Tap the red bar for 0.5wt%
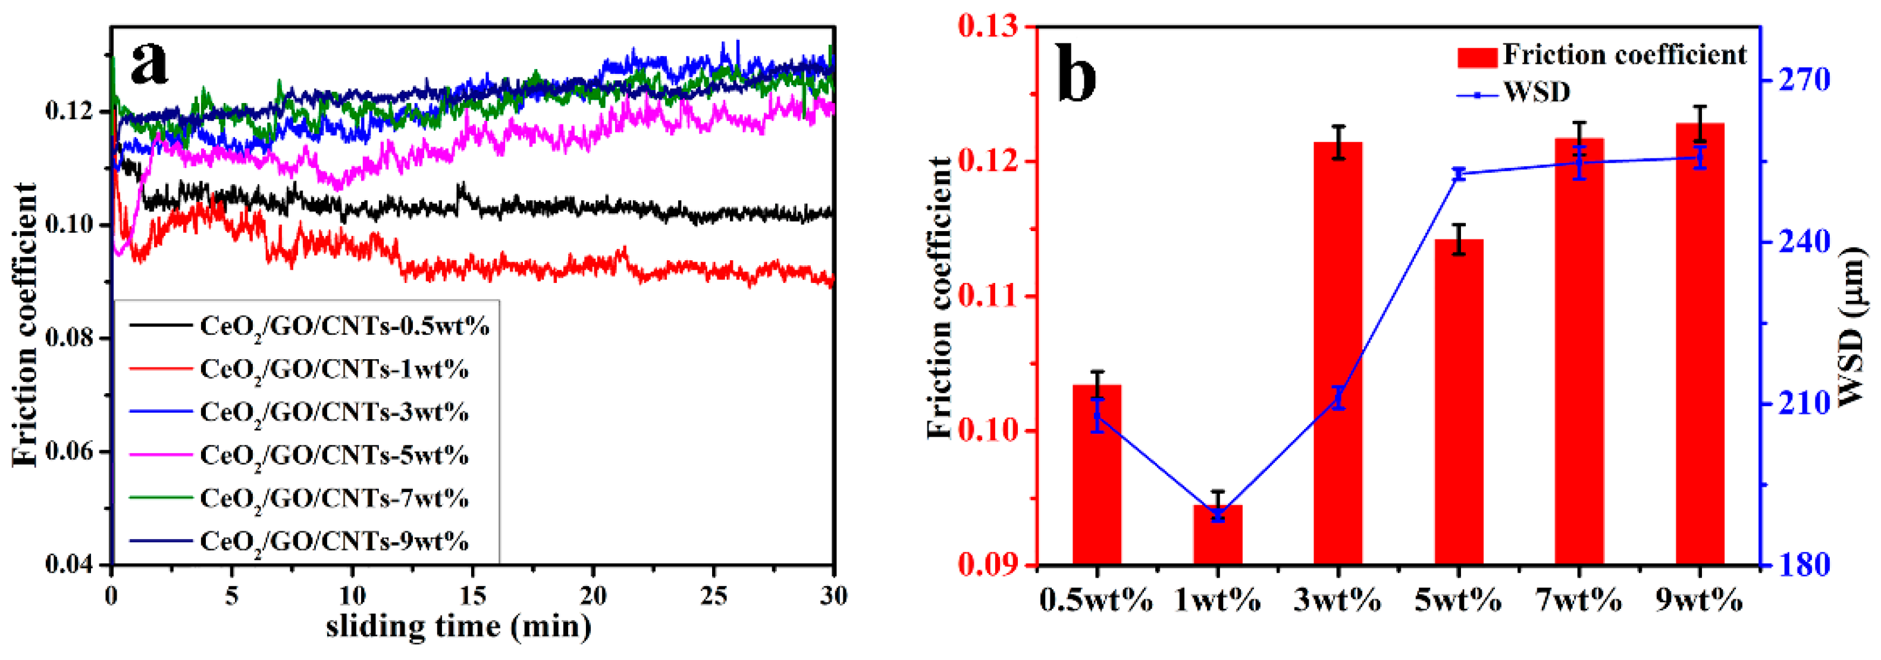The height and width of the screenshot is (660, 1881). (x=1097, y=475)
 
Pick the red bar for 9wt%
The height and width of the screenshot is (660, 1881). (x=1699, y=344)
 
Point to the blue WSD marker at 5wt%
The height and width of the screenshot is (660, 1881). (x=1459, y=174)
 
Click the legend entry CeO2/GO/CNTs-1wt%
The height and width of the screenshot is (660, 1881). (x=334, y=370)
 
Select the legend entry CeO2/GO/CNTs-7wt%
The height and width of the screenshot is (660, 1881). (x=334, y=499)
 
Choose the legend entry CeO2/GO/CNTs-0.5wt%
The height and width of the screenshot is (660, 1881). (x=344, y=326)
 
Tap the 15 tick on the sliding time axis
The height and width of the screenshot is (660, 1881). (x=472, y=596)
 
